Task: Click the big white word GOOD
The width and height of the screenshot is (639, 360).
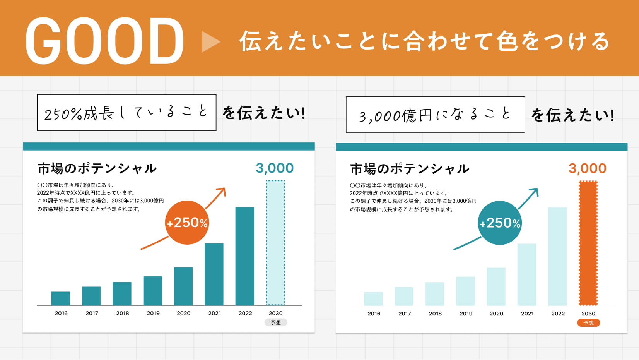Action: click(104, 41)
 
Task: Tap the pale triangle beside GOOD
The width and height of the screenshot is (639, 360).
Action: click(210, 41)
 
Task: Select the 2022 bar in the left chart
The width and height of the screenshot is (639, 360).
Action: click(245, 256)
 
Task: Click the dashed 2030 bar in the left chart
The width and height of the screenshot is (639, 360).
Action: click(275, 243)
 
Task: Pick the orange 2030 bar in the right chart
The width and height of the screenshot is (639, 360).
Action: click(588, 243)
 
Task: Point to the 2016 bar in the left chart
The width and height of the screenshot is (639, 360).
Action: click(61, 298)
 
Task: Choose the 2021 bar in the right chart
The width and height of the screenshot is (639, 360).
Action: click(527, 274)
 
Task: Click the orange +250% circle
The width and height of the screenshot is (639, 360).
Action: click(187, 223)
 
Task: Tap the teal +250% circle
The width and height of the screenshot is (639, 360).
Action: click(500, 223)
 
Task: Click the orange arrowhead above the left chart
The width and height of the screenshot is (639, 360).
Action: click(221, 192)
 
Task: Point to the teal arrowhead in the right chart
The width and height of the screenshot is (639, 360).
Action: click(534, 192)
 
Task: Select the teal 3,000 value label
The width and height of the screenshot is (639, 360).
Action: click(275, 168)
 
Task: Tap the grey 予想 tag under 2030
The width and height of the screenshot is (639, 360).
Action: click(276, 322)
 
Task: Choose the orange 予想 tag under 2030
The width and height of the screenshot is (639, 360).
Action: click(588, 323)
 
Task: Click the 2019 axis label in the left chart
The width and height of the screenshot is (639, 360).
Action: click(153, 313)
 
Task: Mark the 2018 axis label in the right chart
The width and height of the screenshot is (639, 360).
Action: click(435, 314)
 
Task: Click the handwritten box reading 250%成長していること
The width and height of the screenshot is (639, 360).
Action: click(126, 113)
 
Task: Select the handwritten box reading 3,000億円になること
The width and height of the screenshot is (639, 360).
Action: click(435, 115)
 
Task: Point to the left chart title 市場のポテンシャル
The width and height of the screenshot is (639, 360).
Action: click(97, 168)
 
